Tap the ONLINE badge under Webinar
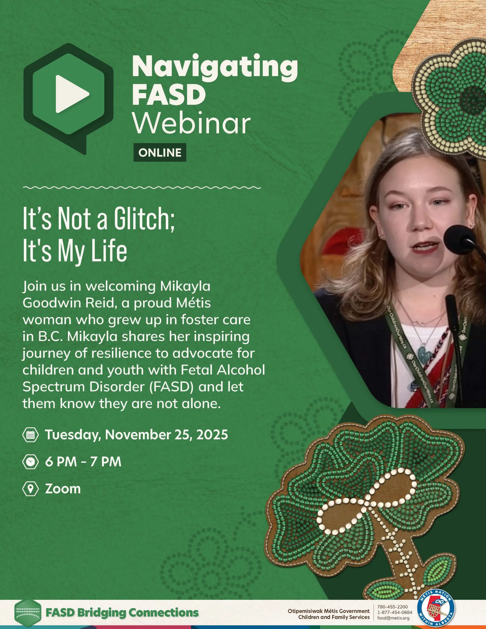pos(160,153)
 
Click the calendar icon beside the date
pos(31,435)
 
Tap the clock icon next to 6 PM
pos(31,462)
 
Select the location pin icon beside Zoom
pos(31,489)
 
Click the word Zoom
pos(63,489)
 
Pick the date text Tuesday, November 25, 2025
pos(137,435)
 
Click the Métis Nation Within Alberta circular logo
pos(436,608)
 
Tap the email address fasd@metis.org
pos(393,618)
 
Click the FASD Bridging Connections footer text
pos(122,612)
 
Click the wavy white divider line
pos(142,188)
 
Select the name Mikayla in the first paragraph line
pos(185,286)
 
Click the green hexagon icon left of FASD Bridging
pos(28,612)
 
